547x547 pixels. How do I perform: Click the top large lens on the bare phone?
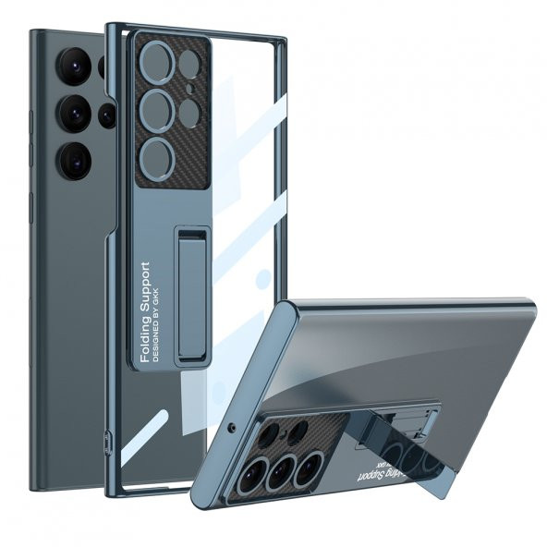[x=73, y=67]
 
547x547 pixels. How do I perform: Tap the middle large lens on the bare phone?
[x=73, y=114]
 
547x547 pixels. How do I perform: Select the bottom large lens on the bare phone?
[x=74, y=160]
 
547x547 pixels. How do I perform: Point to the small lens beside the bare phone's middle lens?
[x=107, y=115]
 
